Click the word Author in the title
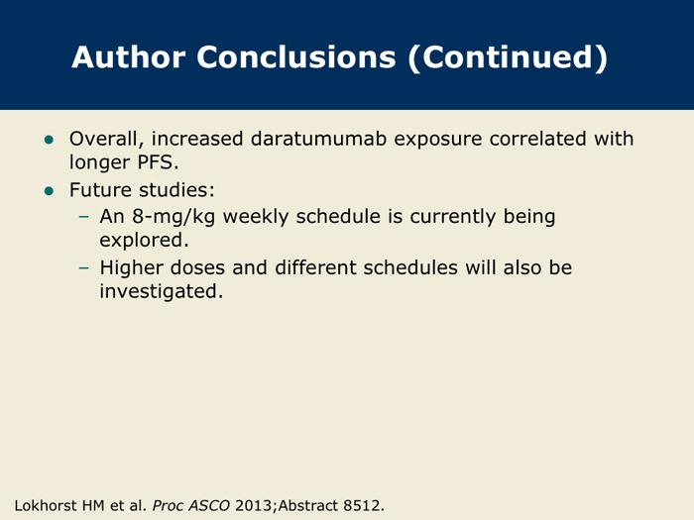(x=128, y=57)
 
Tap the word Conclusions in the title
(x=296, y=57)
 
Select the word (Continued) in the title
(x=508, y=57)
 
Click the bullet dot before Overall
(x=49, y=141)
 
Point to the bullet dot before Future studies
(x=49, y=191)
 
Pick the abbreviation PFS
(x=158, y=162)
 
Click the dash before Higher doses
(x=83, y=267)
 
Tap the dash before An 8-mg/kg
(x=83, y=216)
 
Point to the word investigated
(x=161, y=292)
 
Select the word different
(x=315, y=267)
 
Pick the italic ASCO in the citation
(x=209, y=505)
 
